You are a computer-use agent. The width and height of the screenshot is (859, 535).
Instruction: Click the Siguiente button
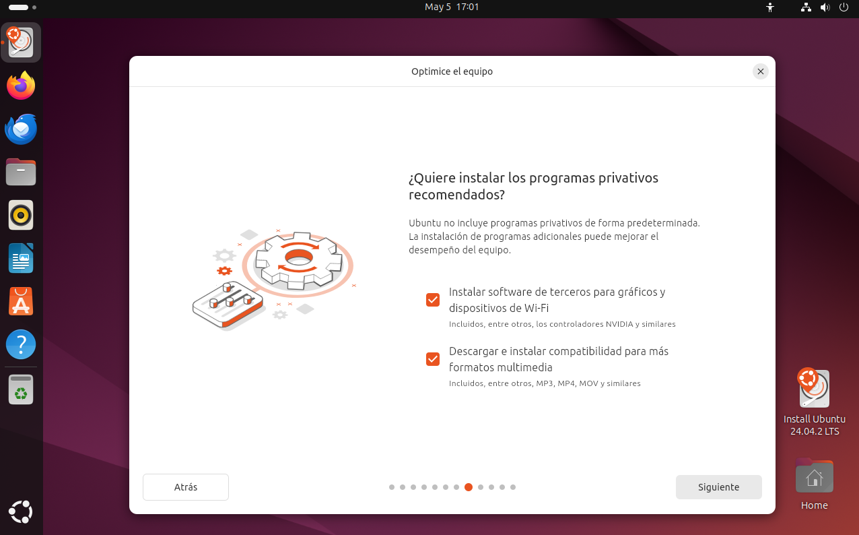(x=719, y=487)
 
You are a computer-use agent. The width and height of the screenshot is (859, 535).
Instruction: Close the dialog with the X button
(x=761, y=71)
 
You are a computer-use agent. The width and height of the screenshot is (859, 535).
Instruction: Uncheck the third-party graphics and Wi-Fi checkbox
(x=433, y=300)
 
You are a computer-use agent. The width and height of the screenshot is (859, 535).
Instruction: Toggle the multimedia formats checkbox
(x=433, y=359)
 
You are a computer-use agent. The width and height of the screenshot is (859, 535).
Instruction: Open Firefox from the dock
(x=21, y=85)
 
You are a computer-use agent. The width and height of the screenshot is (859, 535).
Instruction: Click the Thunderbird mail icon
(x=21, y=129)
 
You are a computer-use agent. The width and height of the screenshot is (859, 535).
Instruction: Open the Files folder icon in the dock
(x=21, y=172)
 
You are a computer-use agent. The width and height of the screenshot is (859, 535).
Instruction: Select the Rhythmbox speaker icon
(x=21, y=215)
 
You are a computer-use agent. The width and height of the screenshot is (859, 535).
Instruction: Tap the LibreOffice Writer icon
(x=21, y=258)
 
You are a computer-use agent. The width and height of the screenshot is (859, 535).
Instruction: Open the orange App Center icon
(x=21, y=301)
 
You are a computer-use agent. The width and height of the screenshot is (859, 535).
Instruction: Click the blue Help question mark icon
(x=21, y=344)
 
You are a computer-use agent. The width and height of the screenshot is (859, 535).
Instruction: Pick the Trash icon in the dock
(x=21, y=389)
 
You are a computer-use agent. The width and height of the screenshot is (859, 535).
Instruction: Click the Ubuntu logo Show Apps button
(x=21, y=511)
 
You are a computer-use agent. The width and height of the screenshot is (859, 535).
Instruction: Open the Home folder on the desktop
(x=814, y=484)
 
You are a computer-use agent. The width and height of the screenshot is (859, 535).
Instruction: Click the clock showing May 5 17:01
(x=452, y=7)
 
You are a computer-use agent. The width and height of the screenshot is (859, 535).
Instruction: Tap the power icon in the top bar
(x=844, y=7)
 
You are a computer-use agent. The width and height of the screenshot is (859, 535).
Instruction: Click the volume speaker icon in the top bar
(x=825, y=7)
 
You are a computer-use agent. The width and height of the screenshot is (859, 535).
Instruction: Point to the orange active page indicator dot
(x=469, y=487)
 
